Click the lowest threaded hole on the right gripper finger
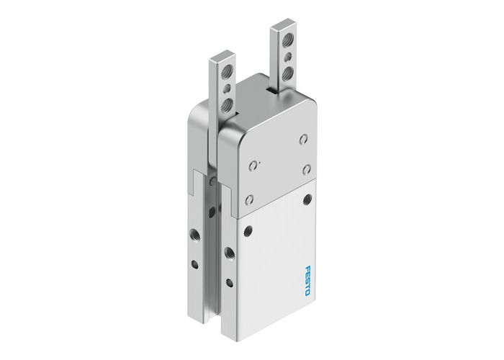287,71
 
